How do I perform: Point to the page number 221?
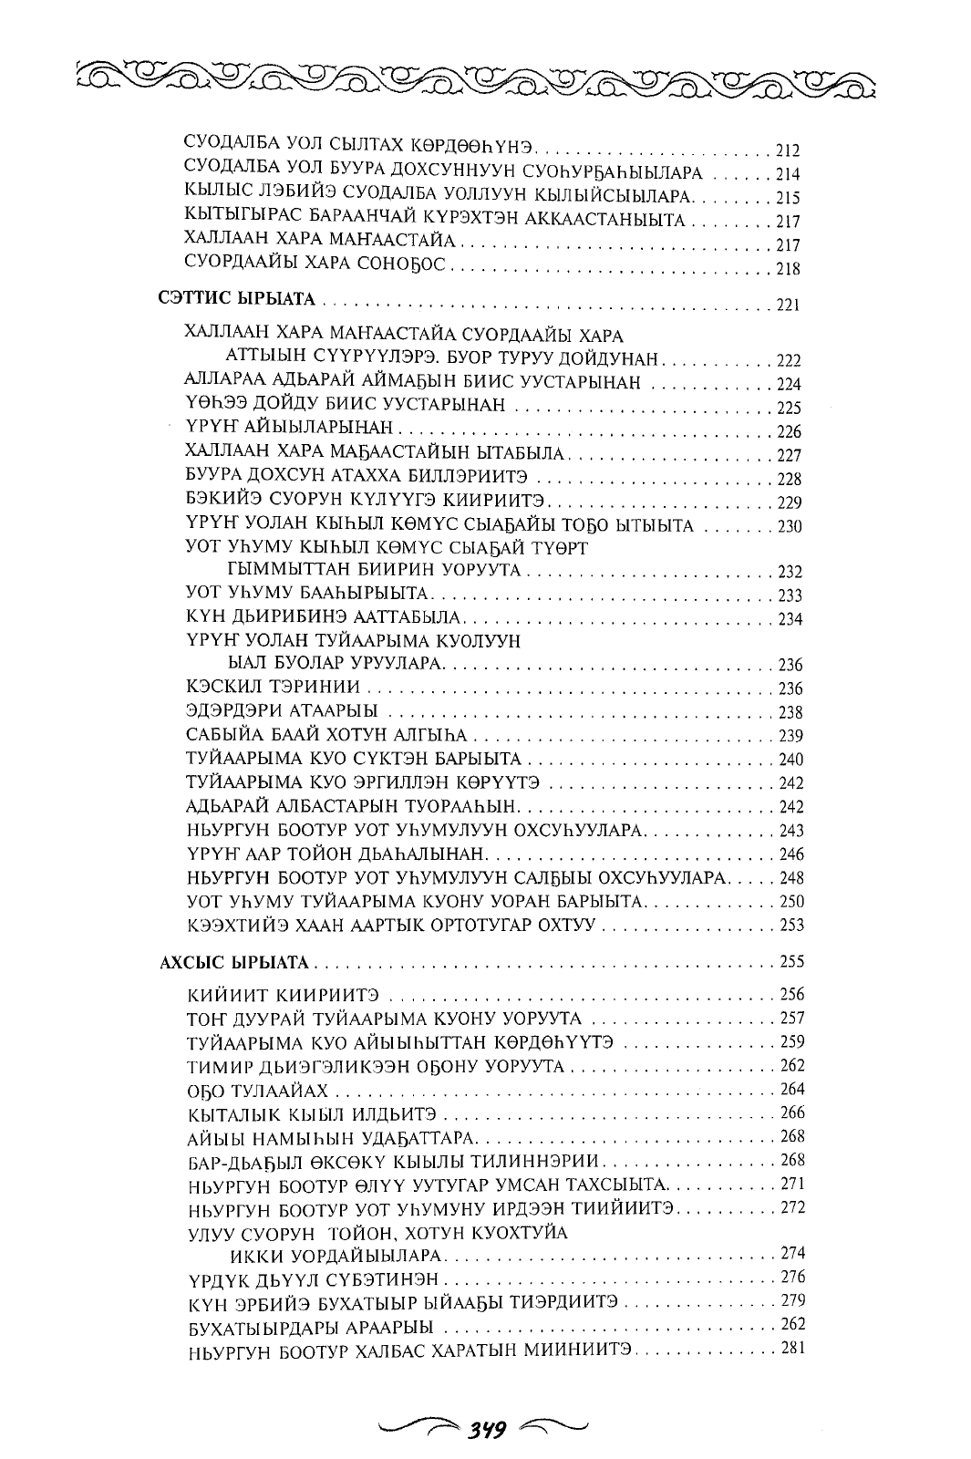click(786, 305)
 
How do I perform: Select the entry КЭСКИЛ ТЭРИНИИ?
click(260, 686)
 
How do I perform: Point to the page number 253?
click(787, 926)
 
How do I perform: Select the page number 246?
click(787, 855)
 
